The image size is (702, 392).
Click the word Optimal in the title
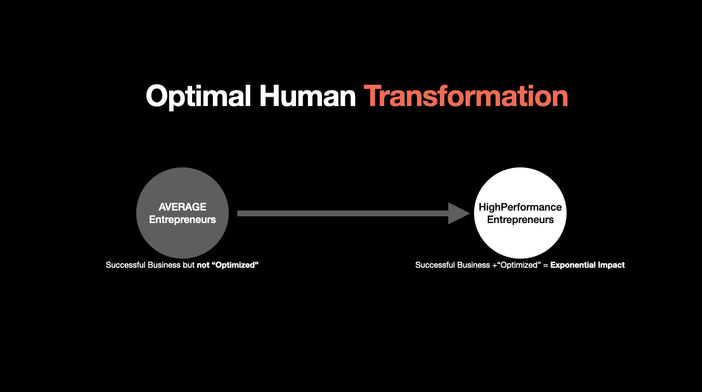coord(198,96)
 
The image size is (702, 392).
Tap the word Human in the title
coord(308,96)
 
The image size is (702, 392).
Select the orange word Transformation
coord(466,96)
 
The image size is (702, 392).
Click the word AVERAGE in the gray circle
coord(182,207)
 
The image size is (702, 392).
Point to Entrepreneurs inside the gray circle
coord(182,219)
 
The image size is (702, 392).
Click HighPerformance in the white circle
coord(520,207)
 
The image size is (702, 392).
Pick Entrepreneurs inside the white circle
coord(520,219)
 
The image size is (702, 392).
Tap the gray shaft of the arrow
coord(343,214)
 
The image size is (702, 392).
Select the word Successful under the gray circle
coord(126,265)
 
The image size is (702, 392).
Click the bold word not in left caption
coord(203,265)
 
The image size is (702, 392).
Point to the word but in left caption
coord(189,265)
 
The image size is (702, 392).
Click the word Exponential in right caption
coord(573,265)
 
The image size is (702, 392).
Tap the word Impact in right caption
coord(611,265)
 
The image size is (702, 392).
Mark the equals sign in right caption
coord(546,265)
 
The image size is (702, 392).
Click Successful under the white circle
coord(435,265)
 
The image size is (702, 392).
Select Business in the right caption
coord(474,265)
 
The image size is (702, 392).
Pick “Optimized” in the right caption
coord(519,265)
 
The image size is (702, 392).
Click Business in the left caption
coord(164,265)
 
